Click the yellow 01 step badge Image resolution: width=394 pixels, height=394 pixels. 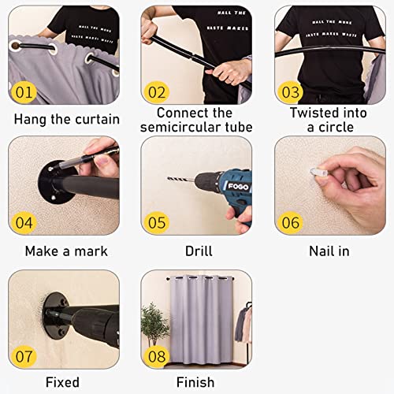pyautogui.click(x=25, y=92)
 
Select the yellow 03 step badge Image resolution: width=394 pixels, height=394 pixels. pyautogui.click(x=291, y=92)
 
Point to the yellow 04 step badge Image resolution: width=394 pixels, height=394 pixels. pyautogui.click(x=25, y=223)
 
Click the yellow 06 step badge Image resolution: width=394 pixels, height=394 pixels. pyautogui.click(x=291, y=223)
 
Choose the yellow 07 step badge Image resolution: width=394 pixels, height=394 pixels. pyautogui.click(x=25, y=355)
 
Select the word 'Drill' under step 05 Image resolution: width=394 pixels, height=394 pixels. pyautogui.click(x=196, y=251)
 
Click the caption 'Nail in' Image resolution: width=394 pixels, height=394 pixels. pyautogui.click(x=329, y=251)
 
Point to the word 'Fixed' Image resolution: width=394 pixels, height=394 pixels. pyautogui.click(x=63, y=383)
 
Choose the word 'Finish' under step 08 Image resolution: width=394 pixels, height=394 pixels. pyautogui.click(x=196, y=383)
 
